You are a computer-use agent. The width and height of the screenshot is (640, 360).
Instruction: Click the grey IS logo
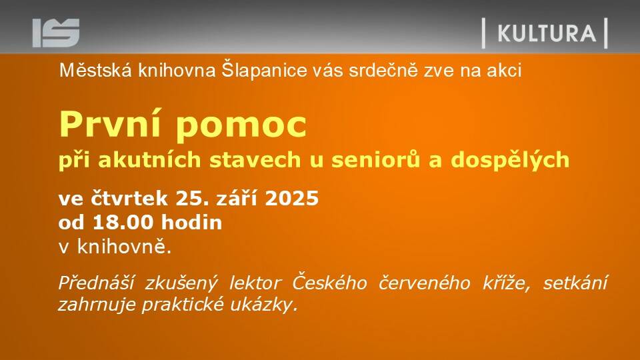point(56,33)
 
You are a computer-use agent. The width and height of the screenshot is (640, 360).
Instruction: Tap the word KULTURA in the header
point(547,33)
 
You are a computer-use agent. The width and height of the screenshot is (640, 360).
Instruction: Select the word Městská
point(95,70)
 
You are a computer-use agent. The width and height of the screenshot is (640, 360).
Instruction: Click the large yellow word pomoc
point(241,127)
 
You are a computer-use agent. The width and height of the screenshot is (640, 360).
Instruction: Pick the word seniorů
point(375,159)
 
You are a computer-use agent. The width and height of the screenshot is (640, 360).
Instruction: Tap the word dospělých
point(510,160)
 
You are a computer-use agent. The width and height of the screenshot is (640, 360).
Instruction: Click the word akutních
point(149,159)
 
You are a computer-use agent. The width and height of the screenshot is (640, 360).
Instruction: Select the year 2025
point(292,199)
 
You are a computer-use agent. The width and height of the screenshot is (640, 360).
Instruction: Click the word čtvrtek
point(129,199)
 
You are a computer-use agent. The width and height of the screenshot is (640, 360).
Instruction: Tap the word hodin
point(191,223)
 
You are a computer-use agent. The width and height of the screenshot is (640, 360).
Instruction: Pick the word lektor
point(255,283)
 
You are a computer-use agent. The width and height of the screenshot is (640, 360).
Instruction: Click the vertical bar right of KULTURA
point(606,33)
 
